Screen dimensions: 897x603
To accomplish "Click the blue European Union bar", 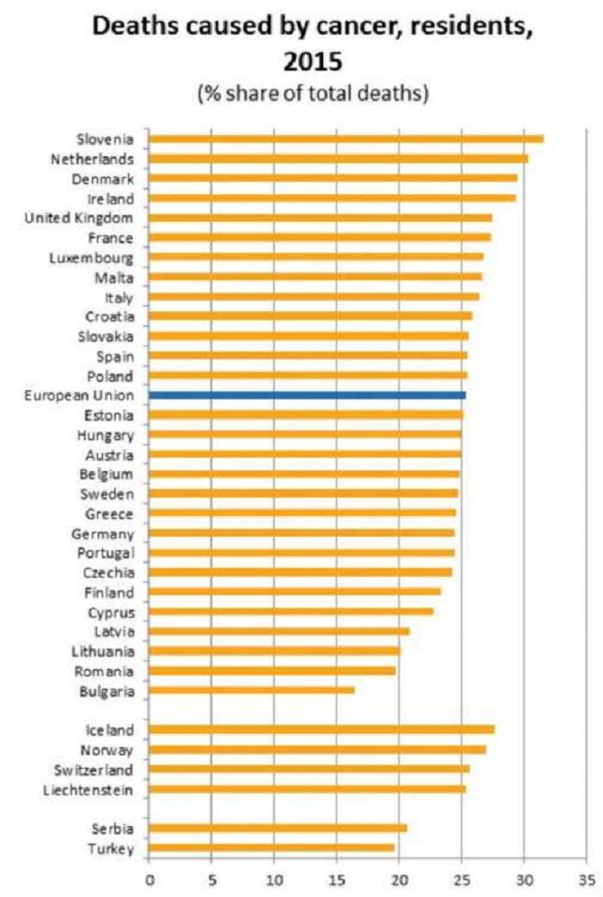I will [307, 395].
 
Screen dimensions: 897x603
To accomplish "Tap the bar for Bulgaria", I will [252, 691].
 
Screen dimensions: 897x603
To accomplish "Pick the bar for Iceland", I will [321, 729].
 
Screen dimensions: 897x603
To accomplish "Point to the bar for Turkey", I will [271, 848].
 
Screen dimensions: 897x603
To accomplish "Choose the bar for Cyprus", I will [291, 612].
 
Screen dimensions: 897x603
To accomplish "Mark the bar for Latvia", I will [279, 631].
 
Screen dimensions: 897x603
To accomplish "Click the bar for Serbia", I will [278, 828].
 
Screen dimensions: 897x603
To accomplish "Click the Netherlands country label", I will [92, 159].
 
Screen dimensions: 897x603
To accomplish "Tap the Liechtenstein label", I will [88, 789].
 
